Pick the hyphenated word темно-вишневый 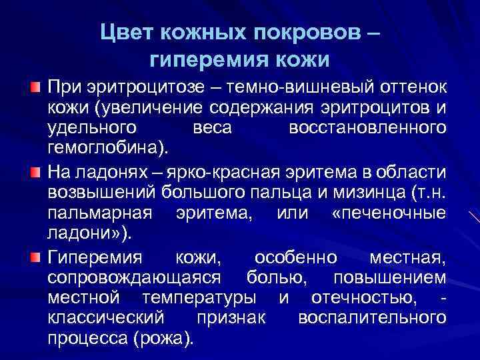coord(297,89)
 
